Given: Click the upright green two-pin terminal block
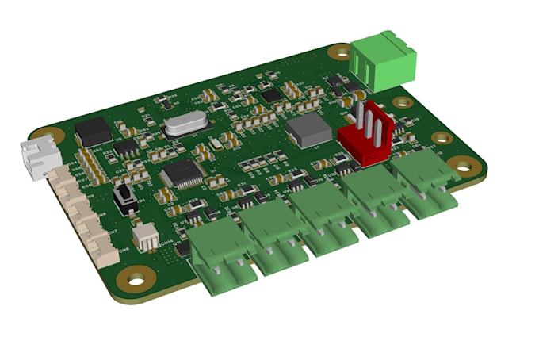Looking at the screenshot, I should point(384,60).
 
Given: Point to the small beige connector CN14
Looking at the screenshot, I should point(146,236).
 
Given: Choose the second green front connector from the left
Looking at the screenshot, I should point(273,236).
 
